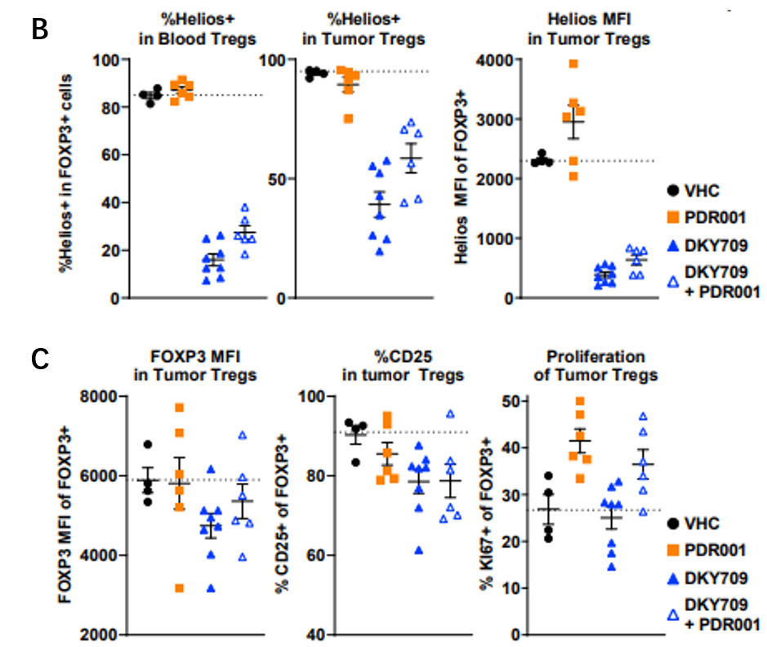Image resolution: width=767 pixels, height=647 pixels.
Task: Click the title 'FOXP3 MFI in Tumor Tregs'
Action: coord(194,366)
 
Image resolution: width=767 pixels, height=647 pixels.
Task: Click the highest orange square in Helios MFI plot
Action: coord(573,64)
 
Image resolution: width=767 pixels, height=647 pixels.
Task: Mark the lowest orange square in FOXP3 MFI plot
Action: coord(179,588)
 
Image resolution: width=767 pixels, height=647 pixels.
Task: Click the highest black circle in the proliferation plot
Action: coord(548,475)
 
